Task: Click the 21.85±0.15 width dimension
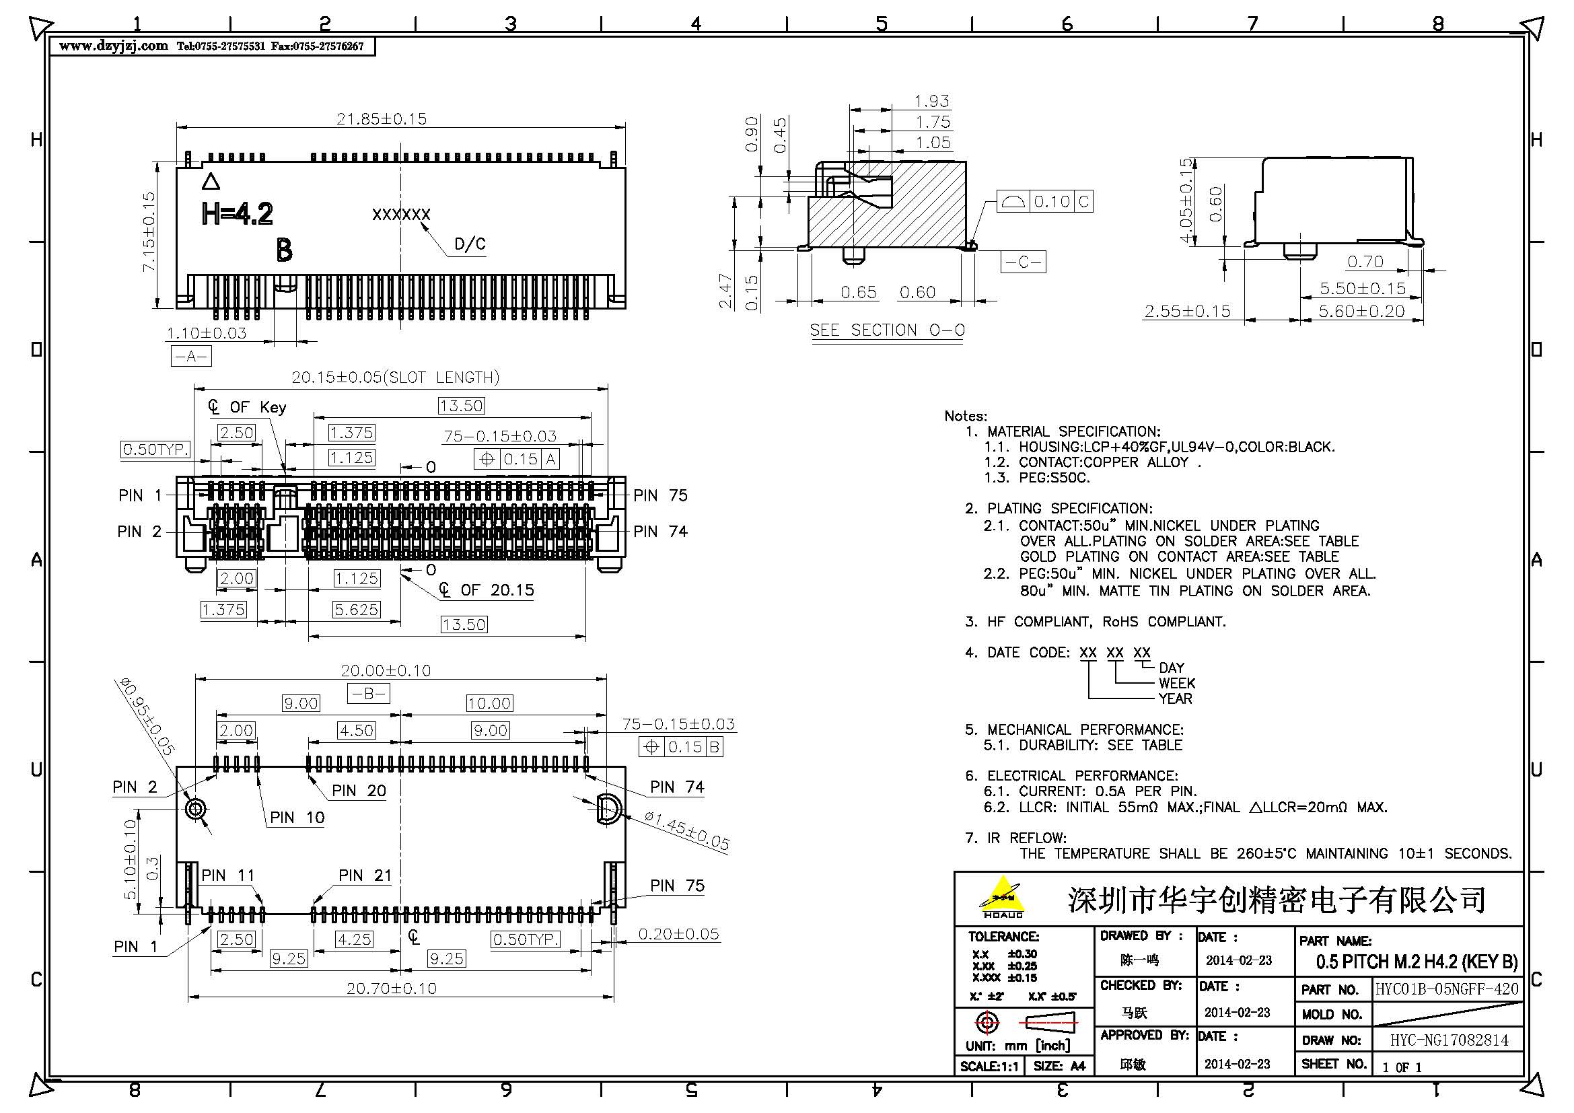click(381, 118)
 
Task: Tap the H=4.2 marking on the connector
click(237, 214)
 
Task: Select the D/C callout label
click(470, 245)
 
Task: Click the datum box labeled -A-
click(190, 357)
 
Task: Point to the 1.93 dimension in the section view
click(931, 102)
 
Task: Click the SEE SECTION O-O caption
click(887, 330)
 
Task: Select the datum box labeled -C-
click(1023, 262)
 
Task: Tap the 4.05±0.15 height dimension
click(1185, 200)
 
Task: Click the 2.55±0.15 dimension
click(1187, 312)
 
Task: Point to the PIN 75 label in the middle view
click(659, 495)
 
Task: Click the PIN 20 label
click(359, 791)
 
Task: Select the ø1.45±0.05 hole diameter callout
click(687, 830)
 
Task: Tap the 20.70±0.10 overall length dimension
click(391, 989)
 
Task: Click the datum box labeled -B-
click(369, 694)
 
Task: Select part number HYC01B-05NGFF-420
click(1447, 989)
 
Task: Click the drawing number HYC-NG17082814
click(1449, 1040)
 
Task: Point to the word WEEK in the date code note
click(1176, 683)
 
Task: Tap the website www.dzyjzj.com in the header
click(114, 46)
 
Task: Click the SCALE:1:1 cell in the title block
click(989, 1067)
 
